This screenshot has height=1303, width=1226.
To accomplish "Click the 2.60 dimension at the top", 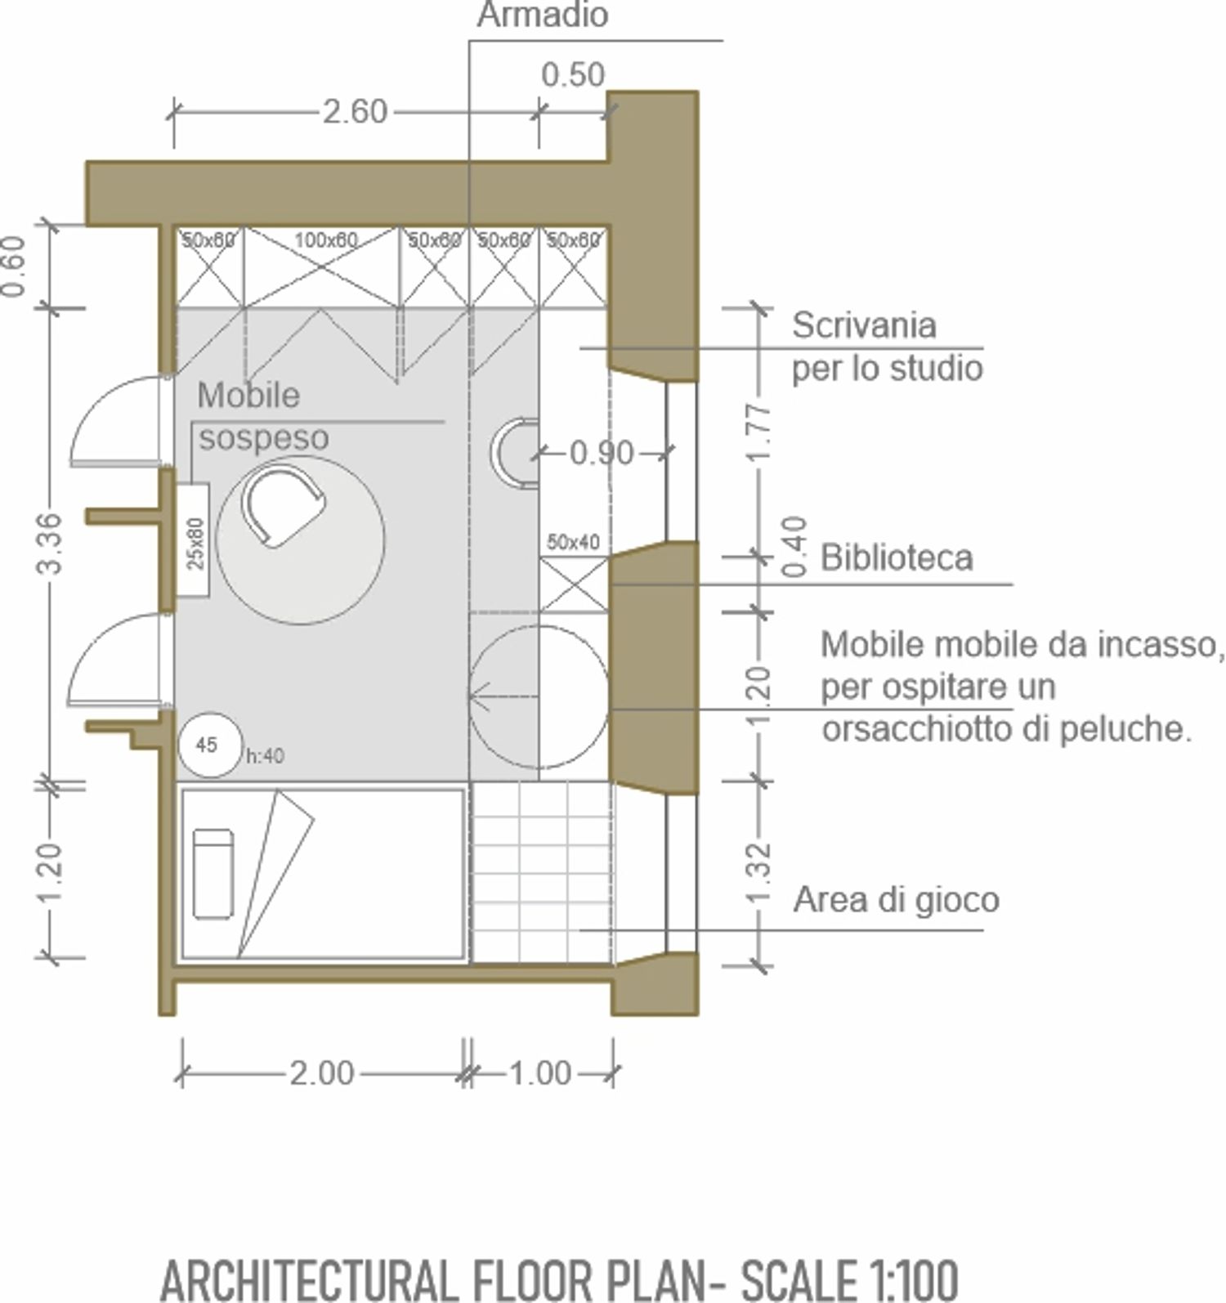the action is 355,111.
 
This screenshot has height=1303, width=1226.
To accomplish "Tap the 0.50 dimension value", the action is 573,74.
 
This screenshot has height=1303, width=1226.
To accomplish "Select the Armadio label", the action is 543,16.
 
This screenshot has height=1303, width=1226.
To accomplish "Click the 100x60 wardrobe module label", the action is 326,240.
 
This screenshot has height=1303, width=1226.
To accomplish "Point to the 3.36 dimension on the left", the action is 50,543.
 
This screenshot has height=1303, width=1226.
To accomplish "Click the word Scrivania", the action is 864,325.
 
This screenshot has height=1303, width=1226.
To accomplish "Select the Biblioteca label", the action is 897,557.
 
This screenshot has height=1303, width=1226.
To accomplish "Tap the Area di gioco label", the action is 897,899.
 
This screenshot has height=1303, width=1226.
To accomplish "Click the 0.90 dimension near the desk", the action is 602,452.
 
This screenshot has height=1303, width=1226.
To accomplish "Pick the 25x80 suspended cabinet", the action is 194,540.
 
